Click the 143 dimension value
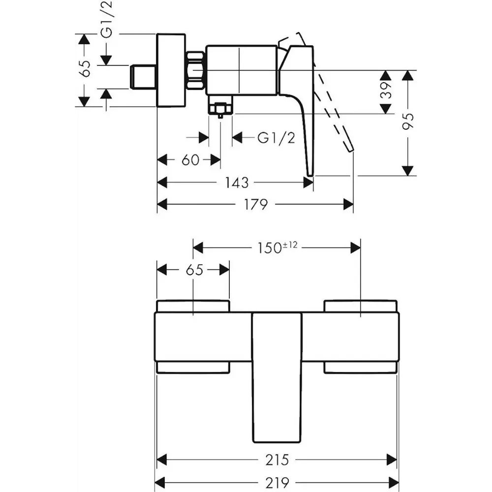click(237, 183)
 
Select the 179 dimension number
click(256, 205)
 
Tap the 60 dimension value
click(190, 160)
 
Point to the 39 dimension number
click(387, 91)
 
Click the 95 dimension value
click(408, 121)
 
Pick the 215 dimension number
click(277, 460)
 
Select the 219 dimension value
click(277, 483)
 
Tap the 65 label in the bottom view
click(194, 270)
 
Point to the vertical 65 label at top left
click(85, 68)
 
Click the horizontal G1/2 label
click(277, 137)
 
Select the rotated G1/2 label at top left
click(107, 20)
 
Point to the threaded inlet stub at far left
click(143, 77)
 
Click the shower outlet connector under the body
click(220, 106)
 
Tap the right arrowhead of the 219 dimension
click(394, 483)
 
